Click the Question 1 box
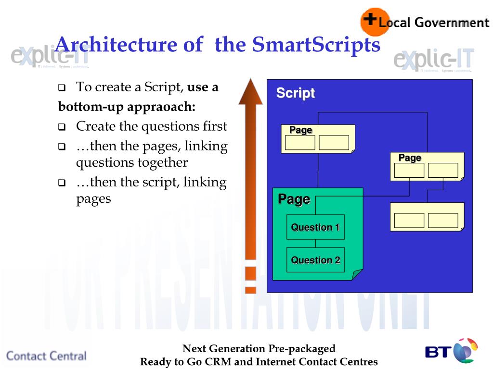pyautogui.click(x=315, y=227)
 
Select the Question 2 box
pyautogui.click(x=315, y=260)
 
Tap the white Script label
pyautogui.click(x=295, y=93)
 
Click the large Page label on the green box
pyautogui.click(x=294, y=199)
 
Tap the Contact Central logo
pyautogui.click(x=46, y=356)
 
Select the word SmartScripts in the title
pyautogui.click(x=316, y=45)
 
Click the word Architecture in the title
pyautogui.click(x=116, y=45)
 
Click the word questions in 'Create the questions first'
pyautogui.click(x=165, y=126)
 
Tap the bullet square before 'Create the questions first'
pyautogui.click(x=62, y=128)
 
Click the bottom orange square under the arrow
pyautogui.click(x=250, y=290)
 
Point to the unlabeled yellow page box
pyautogui.click(x=427, y=217)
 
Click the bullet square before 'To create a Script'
pyautogui.click(x=62, y=88)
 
